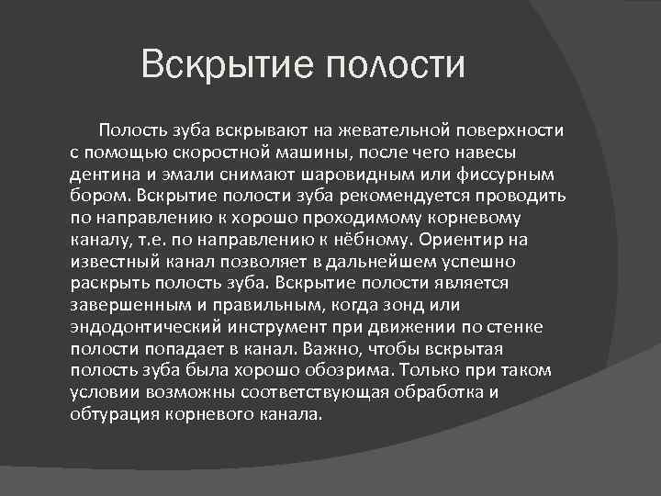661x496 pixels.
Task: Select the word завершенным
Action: [122, 304]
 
